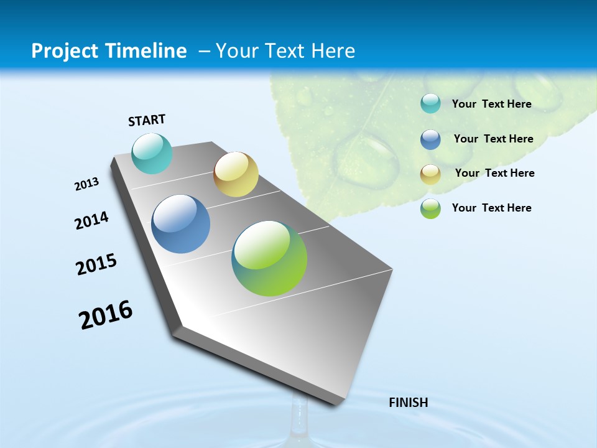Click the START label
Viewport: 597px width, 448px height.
pos(147,120)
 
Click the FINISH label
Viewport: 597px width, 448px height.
pos(408,403)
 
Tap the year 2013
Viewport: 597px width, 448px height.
pos(86,184)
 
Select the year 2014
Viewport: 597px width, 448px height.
pos(91,220)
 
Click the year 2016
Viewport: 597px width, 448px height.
pos(106,315)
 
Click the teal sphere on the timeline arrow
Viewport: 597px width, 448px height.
pos(152,153)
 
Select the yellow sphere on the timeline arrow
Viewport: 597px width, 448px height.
pos(236,174)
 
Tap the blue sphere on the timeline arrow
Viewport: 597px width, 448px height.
pos(181,224)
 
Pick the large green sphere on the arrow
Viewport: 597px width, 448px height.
pos(269,258)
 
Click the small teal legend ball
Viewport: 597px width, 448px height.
pos(430,104)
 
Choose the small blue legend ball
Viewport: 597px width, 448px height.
pos(430,139)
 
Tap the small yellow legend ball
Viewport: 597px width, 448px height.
pos(430,174)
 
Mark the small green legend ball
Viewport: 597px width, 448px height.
pos(430,208)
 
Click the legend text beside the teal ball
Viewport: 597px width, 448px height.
pos(491,104)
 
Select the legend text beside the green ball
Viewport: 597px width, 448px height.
pos(491,208)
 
